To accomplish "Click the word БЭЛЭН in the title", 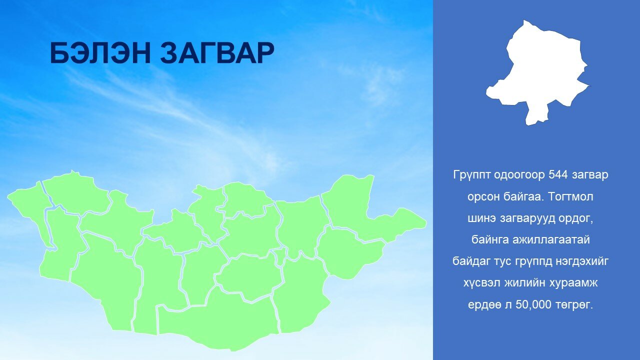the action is coord(100,53).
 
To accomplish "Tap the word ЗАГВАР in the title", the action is coord(217,53).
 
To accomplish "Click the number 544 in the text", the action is coord(557,174).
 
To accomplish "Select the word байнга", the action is coord(490,239).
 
